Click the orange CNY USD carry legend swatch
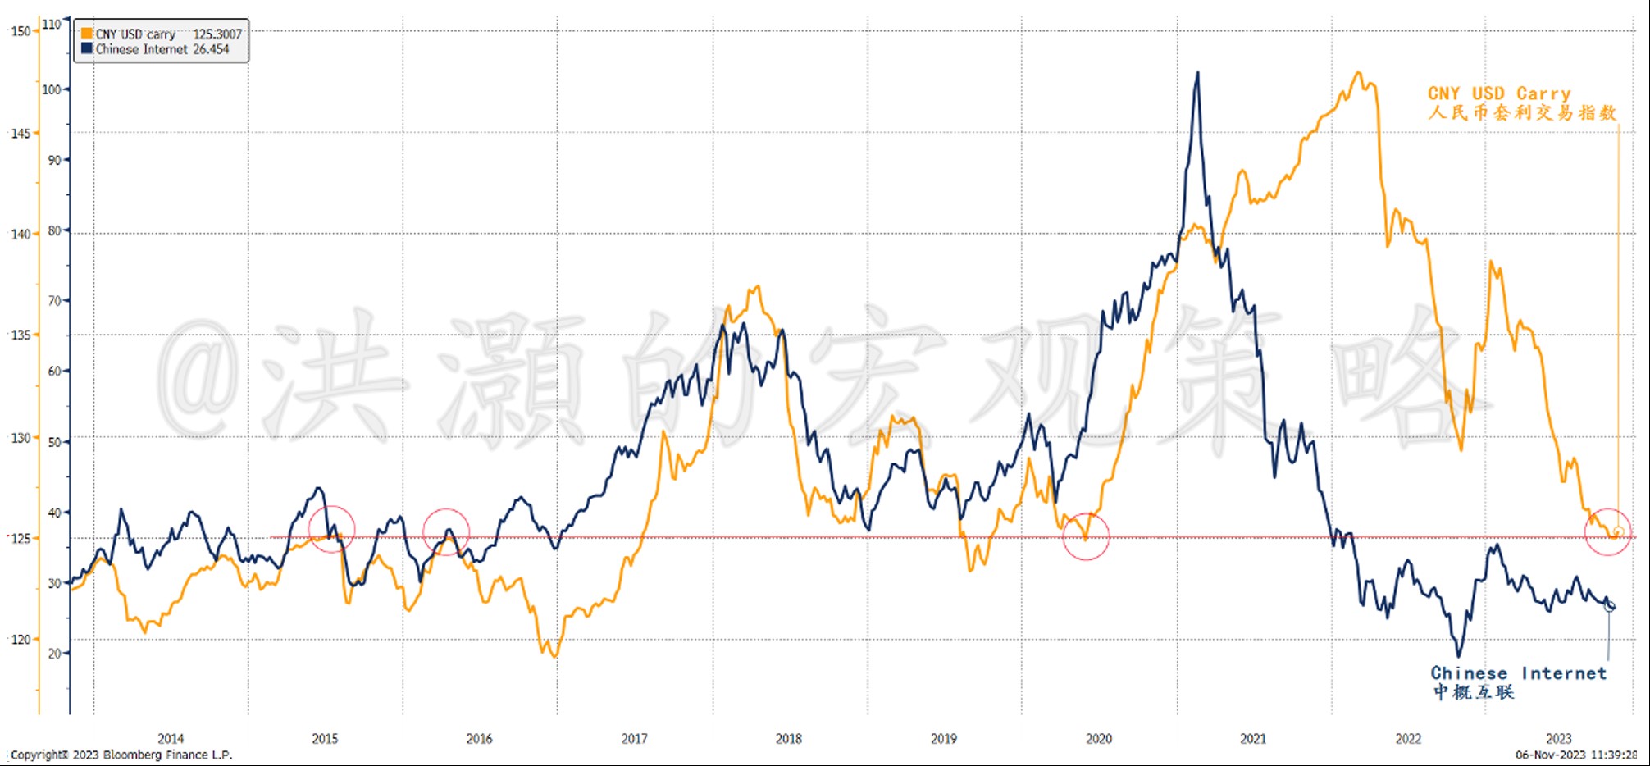point(86,34)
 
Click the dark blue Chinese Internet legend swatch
point(86,48)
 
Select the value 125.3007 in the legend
point(217,34)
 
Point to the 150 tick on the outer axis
point(21,31)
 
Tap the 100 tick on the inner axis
point(52,89)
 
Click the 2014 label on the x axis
point(171,738)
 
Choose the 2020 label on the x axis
point(1099,738)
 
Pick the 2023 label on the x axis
point(1559,738)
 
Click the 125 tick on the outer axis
point(21,538)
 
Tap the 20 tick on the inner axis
point(54,654)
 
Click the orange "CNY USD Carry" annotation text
point(1500,93)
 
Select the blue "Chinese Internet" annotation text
point(1519,673)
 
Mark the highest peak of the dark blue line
point(1197,72)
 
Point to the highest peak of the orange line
point(1359,73)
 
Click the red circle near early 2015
point(331,529)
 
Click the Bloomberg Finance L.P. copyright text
point(121,755)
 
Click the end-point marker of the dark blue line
point(1609,606)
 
